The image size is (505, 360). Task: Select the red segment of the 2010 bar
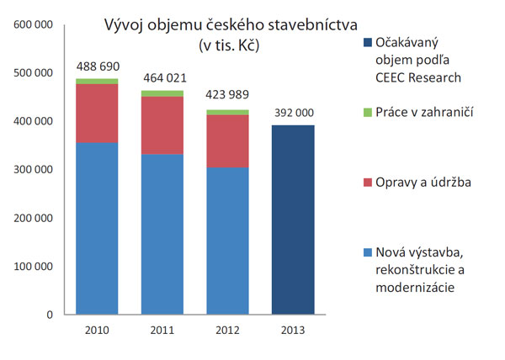click(96, 114)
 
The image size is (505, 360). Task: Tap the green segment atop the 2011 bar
click(162, 93)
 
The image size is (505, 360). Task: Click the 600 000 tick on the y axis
click(35, 25)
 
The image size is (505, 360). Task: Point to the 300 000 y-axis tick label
click(35, 170)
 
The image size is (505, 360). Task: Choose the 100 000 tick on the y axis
click(35, 267)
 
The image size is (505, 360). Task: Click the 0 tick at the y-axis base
click(50, 315)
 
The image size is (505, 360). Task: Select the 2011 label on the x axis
click(162, 331)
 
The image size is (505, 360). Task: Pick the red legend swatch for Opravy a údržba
click(367, 183)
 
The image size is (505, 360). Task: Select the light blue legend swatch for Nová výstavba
click(367, 252)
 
